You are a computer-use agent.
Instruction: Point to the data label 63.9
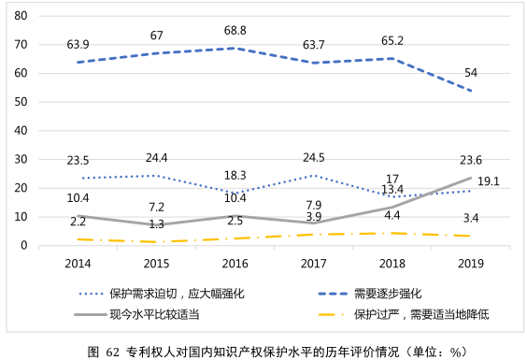tap(78, 45)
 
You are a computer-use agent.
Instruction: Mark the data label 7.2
tap(156, 206)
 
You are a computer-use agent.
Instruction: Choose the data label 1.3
tap(156, 224)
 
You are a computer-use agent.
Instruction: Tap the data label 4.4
tap(392, 216)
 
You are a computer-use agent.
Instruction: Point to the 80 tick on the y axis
tap(21, 16)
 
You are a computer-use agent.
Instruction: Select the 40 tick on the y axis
tap(21, 131)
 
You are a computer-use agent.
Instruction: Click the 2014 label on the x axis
tap(78, 265)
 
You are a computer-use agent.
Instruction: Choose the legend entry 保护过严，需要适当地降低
tap(421, 313)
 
